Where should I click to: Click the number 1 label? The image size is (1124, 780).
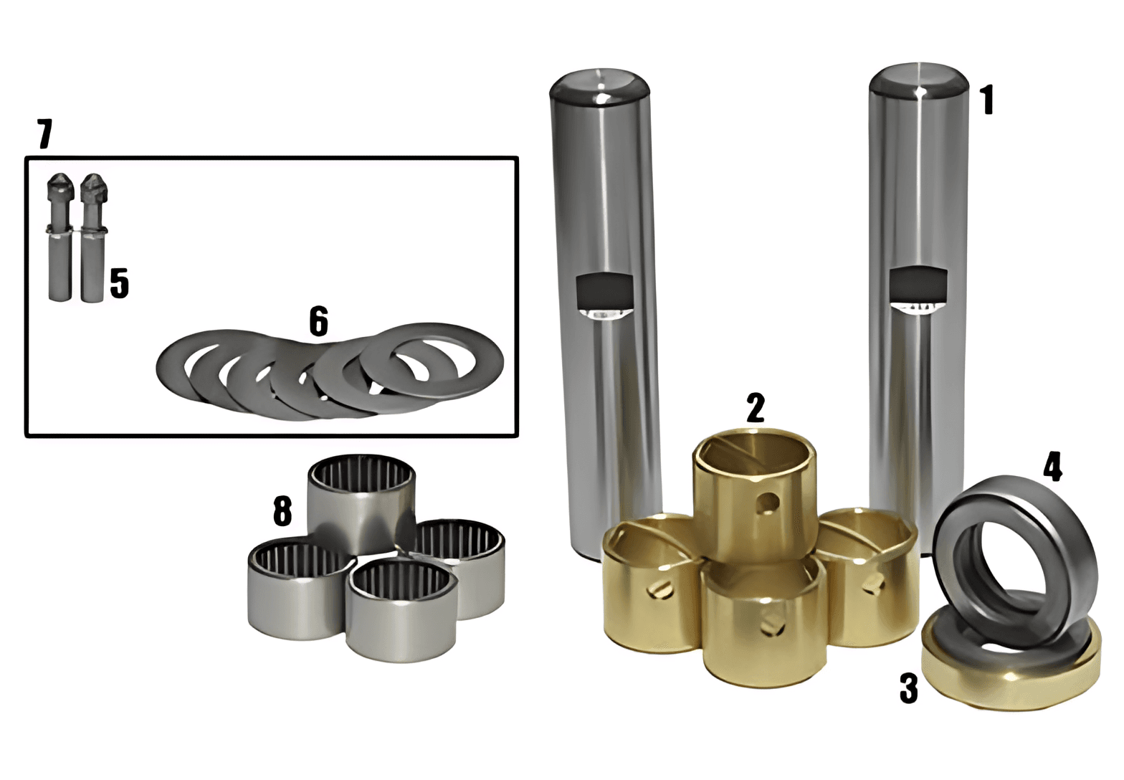986,100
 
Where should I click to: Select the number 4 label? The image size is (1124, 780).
1053,467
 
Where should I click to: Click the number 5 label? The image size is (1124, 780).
120,284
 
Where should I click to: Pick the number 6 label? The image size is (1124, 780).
318,320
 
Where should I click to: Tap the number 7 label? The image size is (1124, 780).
44,133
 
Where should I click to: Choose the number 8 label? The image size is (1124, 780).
282,510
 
